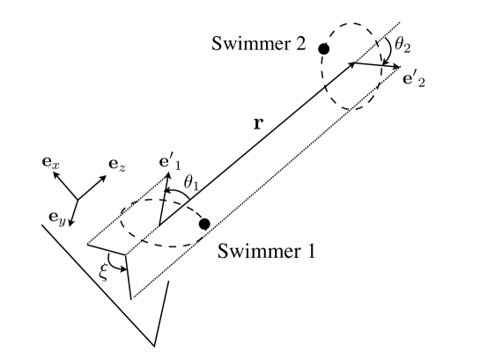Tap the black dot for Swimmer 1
204,224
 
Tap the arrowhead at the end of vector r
355,62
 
